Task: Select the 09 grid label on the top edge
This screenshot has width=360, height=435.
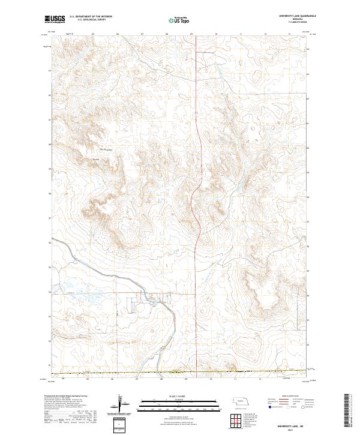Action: coord(191,34)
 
